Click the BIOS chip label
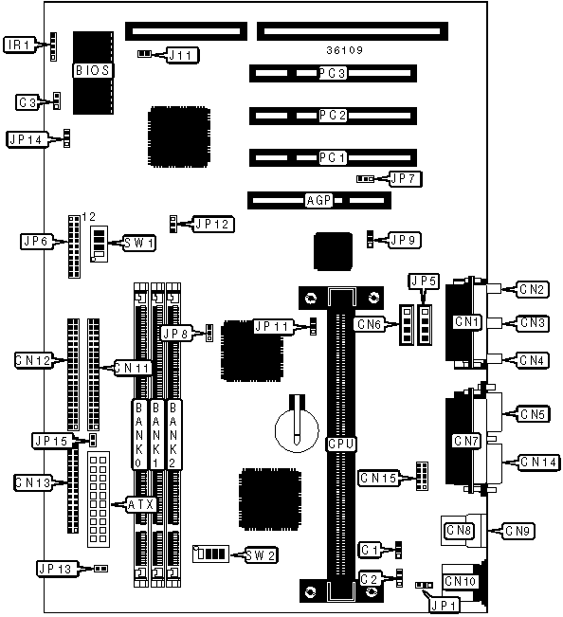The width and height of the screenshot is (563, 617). coord(92,70)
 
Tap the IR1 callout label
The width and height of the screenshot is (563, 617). coord(19,45)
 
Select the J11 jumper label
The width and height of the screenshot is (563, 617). coord(182,55)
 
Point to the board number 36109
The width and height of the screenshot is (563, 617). coord(344,50)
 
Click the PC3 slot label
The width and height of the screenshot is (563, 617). coord(333,73)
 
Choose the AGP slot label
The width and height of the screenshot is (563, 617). coord(318,200)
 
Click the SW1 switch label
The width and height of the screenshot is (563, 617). coord(139,244)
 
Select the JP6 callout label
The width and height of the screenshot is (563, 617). coord(36,242)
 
